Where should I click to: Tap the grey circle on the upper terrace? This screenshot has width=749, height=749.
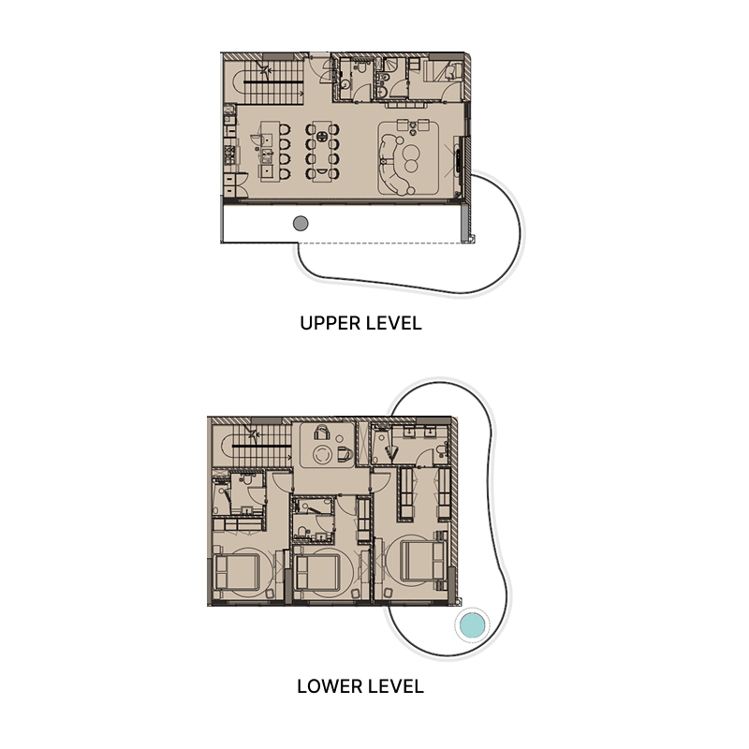click(x=301, y=223)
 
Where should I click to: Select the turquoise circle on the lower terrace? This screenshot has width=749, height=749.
click(x=471, y=624)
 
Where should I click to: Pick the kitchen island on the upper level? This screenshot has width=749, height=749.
click(x=266, y=151)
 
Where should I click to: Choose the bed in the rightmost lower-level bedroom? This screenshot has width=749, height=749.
click(x=421, y=560)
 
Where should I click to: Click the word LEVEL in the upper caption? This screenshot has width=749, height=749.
click(x=392, y=324)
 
